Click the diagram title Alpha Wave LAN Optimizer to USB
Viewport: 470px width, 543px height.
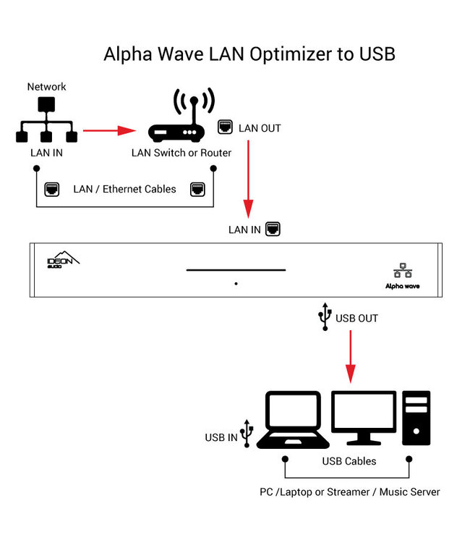(249, 54)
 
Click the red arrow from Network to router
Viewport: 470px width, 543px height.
(109, 131)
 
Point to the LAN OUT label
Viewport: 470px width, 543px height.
(260, 128)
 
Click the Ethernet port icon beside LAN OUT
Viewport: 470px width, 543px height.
(225, 127)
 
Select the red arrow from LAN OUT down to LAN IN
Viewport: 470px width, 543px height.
(249, 178)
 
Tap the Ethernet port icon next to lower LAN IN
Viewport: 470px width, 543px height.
(273, 230)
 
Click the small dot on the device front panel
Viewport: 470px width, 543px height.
(236, 284)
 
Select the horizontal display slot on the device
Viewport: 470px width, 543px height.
(236, 270)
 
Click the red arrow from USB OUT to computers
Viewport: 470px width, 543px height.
(351, 355)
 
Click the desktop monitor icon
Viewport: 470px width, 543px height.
(363, 418)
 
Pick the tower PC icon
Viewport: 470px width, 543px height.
(417, 418)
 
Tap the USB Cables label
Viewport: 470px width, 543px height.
(349, 461)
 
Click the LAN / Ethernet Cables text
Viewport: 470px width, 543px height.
(124, 189)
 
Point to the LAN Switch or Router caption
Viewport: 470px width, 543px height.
(181, 153)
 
